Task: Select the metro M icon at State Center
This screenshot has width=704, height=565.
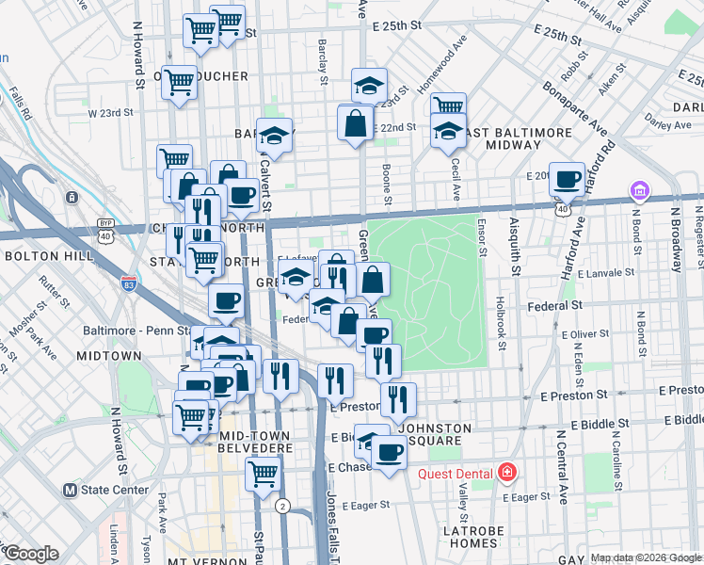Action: (70, 490)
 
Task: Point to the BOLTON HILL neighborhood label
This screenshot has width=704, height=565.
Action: (48, 256)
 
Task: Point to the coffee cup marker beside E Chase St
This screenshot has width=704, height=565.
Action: (388, 454)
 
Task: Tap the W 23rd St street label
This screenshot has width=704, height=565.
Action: (110, 112)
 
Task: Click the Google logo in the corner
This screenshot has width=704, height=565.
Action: (30, 555)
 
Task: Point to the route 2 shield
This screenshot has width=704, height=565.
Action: (281, 506)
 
